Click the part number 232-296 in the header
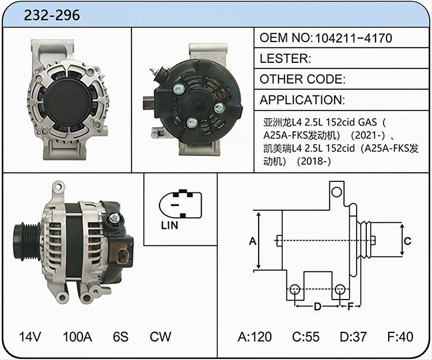(52, 15)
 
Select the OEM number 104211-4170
(353, 38)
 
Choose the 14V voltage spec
(30, 336)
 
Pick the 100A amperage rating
(77, 336)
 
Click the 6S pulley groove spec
(121, 336)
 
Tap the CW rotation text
(160, 336)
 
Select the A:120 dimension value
(255, 336)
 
